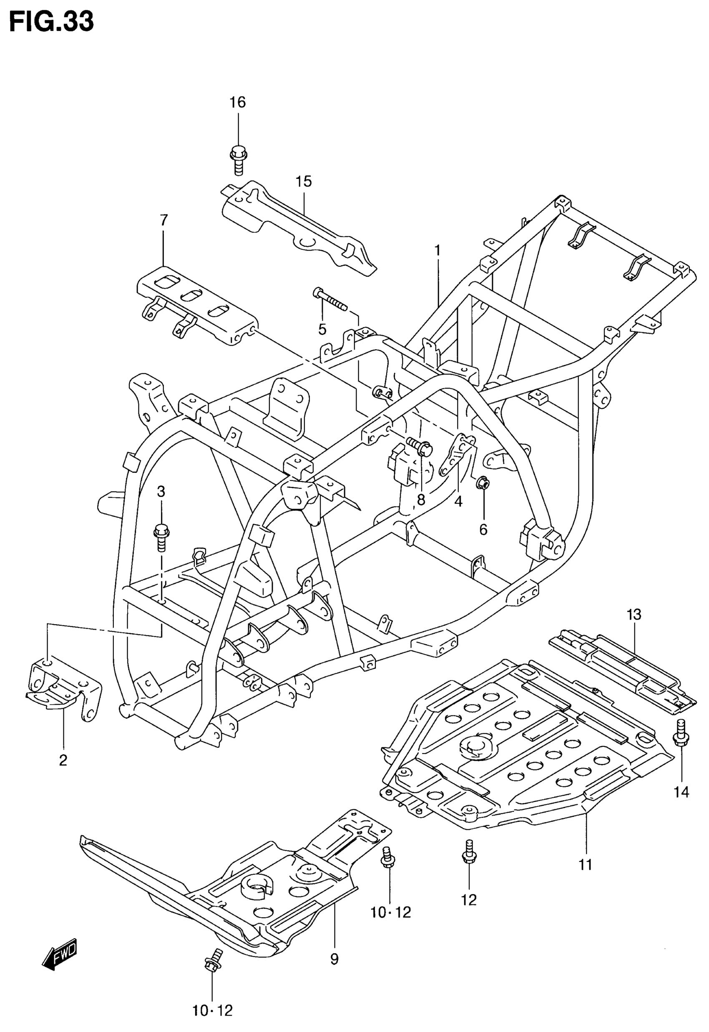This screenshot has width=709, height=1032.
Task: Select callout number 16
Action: tap(238, 103)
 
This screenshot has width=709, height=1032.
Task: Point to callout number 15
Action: tap(304, 182)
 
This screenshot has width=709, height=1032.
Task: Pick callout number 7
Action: tap(163, 220)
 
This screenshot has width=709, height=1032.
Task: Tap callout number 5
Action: tap(322, 329)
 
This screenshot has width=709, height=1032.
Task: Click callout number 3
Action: tap(161, 492)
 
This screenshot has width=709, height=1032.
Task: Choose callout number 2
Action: tap(63, 760)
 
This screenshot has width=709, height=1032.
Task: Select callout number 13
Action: tap(634, 615)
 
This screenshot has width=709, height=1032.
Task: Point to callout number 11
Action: tap(586, 865)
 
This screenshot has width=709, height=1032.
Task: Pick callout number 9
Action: tap(334, 959)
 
